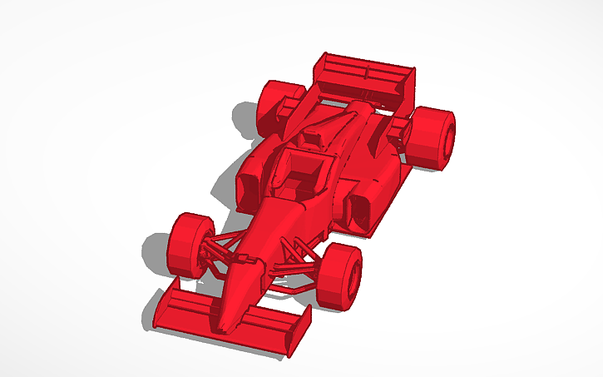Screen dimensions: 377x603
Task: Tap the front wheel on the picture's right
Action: pyautogui.click(x=341, y=275)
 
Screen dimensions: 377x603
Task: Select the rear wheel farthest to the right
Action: pyautogui.click(x=434, y=138)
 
